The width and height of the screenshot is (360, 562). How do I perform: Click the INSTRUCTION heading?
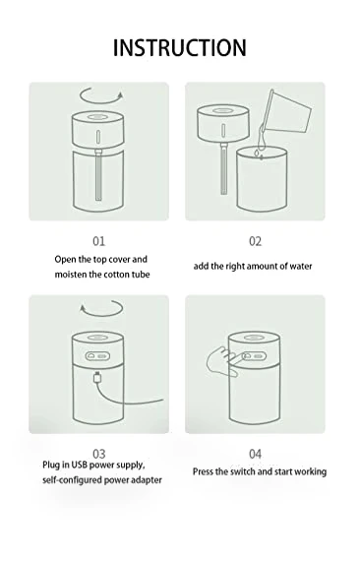[x=180, y=47]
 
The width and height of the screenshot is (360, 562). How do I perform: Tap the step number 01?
[x=99, y=241]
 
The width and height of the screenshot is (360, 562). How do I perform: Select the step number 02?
[x=255, y=241]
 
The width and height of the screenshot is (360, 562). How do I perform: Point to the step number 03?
[x=99, y=454]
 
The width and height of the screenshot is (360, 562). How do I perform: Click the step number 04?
[x=255, y=454]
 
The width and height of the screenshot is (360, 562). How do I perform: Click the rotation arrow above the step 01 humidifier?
[x=101, y=102]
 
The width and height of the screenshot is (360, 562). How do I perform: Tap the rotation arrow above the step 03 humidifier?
[x=101, y=315]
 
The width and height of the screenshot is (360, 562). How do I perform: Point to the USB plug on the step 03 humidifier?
[x=96, y=378]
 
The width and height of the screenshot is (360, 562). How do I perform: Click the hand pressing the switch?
[x=221, y=361]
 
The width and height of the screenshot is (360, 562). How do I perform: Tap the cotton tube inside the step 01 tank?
[x=98, y=175]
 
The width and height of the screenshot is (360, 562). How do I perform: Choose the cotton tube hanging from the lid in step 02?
[x=224, y=168]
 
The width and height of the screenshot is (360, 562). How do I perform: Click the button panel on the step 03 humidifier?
[x=97, y=356]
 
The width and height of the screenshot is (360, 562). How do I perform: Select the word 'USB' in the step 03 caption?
[x=79, y=465]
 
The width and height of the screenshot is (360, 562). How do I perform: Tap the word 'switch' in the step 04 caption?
[x=243, y=471]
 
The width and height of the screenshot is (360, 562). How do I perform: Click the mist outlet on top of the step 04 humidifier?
[x=254, y=338]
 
